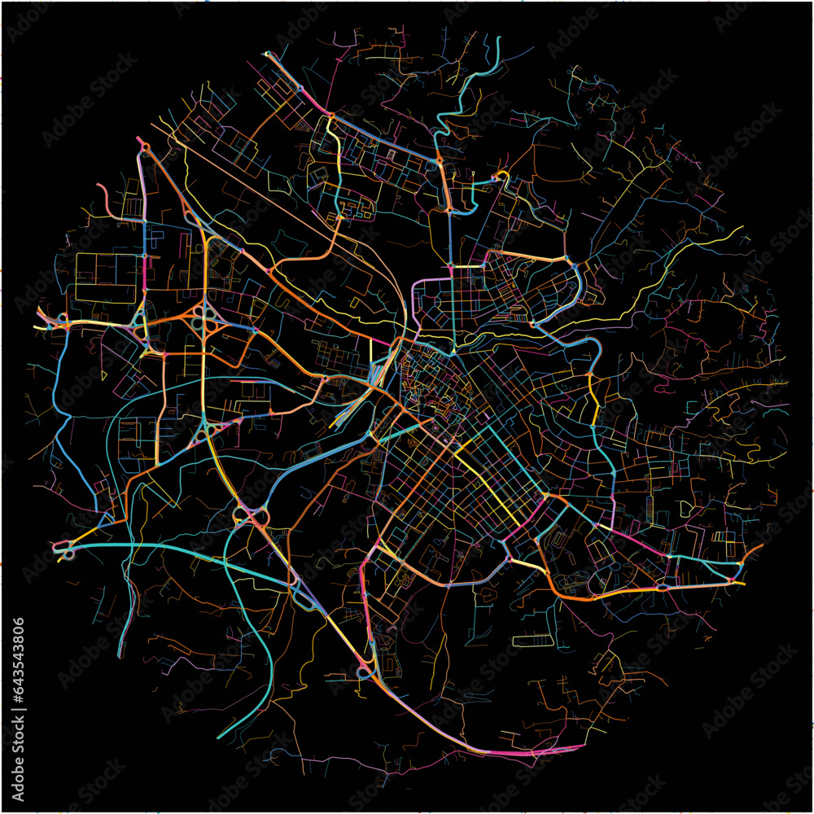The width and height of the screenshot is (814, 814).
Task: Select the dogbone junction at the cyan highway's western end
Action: click(65, 550)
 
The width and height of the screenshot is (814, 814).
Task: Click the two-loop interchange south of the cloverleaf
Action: click(252, 514)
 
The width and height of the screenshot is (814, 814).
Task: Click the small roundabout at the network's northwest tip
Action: click(145, 147)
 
